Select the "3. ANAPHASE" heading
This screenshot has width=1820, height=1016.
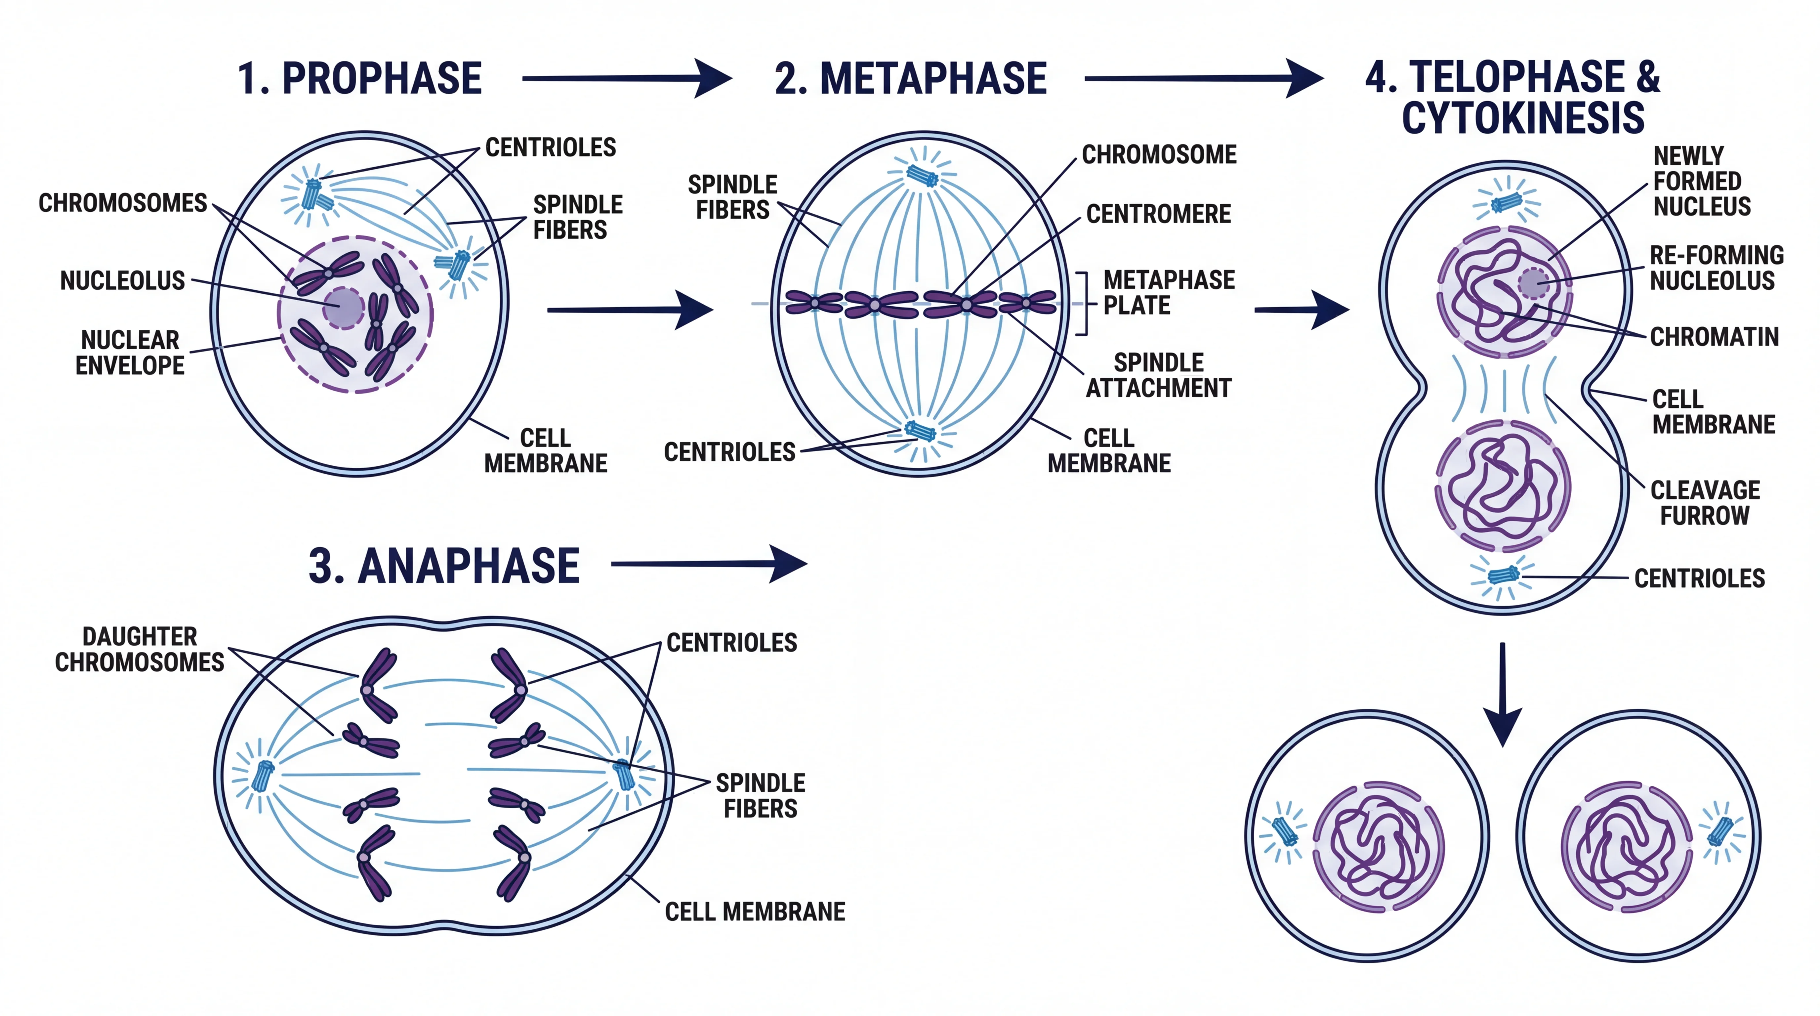pyautogui.click(x=444, y=566)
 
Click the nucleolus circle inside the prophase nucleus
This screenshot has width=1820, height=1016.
pyautogui.click(x=343, y=308)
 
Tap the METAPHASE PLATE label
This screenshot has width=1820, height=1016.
pyautogui.click(x=1169, y=292)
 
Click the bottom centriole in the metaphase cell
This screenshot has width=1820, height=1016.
pyautogui.click(x=920, y=430)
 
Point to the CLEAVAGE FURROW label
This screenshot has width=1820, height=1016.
pyautogui.click(x=1705, y=502)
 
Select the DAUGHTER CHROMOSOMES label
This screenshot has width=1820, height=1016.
pyautogui.click(x=140, y=649)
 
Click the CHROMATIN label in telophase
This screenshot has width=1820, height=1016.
pyautogui.click(x=1714, y=337)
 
